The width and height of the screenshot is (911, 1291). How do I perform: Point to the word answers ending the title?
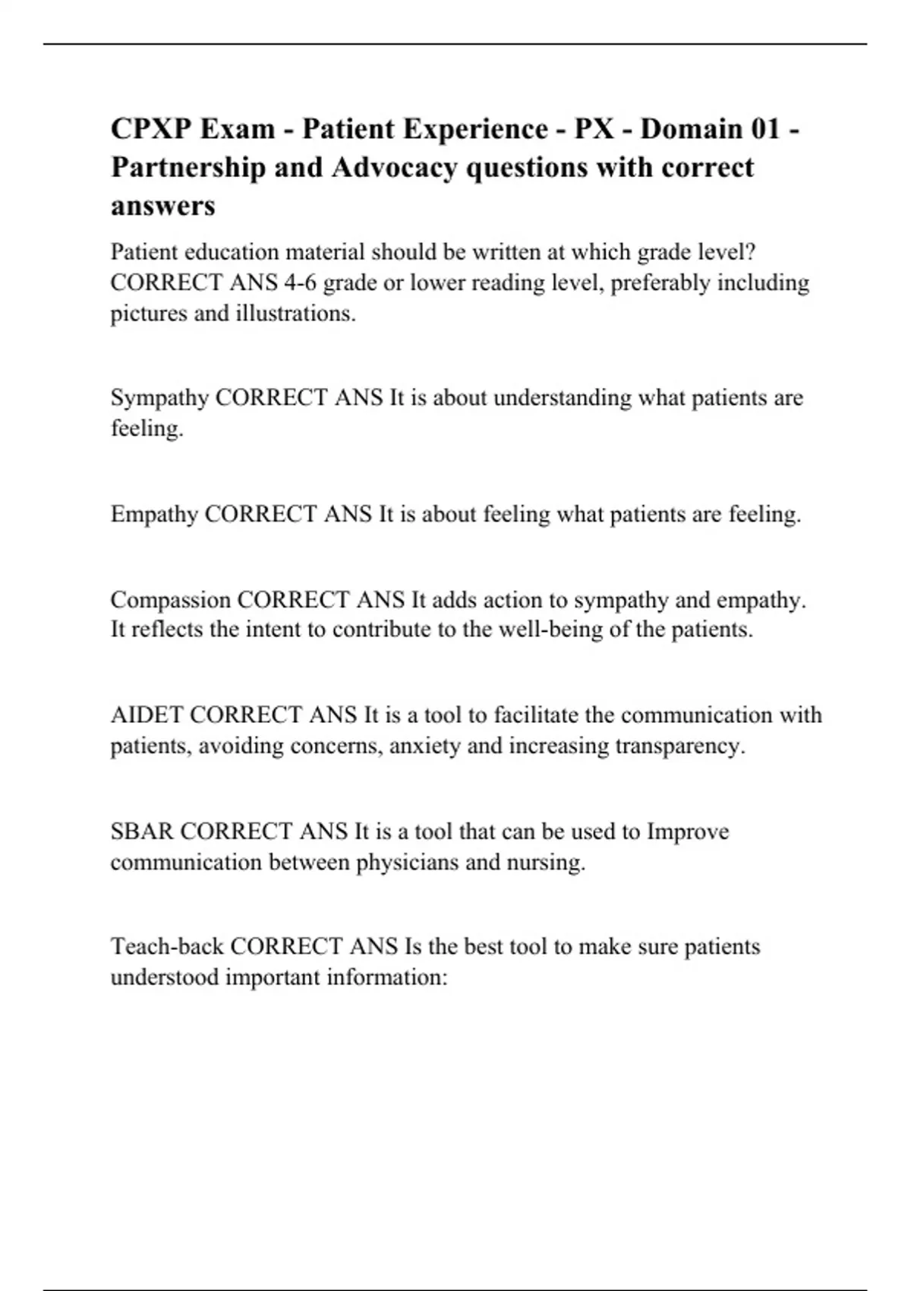(163, 205)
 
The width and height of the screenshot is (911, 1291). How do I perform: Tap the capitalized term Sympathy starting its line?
(159, 398)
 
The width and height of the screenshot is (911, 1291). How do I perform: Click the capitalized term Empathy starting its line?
(154, 514)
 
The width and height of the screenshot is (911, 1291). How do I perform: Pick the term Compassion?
(170, 600)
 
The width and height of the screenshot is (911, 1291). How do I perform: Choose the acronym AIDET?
(147, 715)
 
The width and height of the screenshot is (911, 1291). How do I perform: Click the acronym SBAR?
(142, 832)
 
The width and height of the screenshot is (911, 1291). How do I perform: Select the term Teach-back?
(167, 947)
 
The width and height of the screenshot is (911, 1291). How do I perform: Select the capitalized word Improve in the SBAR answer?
(687, 832)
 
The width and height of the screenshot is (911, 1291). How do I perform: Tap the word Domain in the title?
(691, 128)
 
